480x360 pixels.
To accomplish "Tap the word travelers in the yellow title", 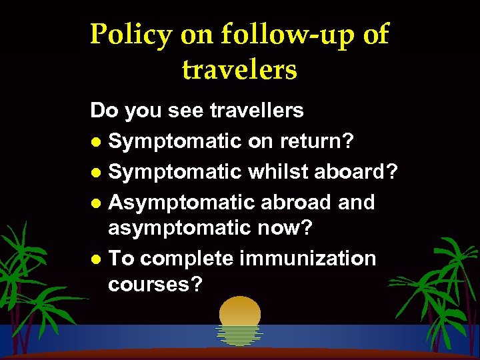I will [x=239, y=69].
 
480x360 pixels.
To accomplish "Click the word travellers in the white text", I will [x=257, y=110].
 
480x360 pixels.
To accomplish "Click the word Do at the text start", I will [x=103, y=110].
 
